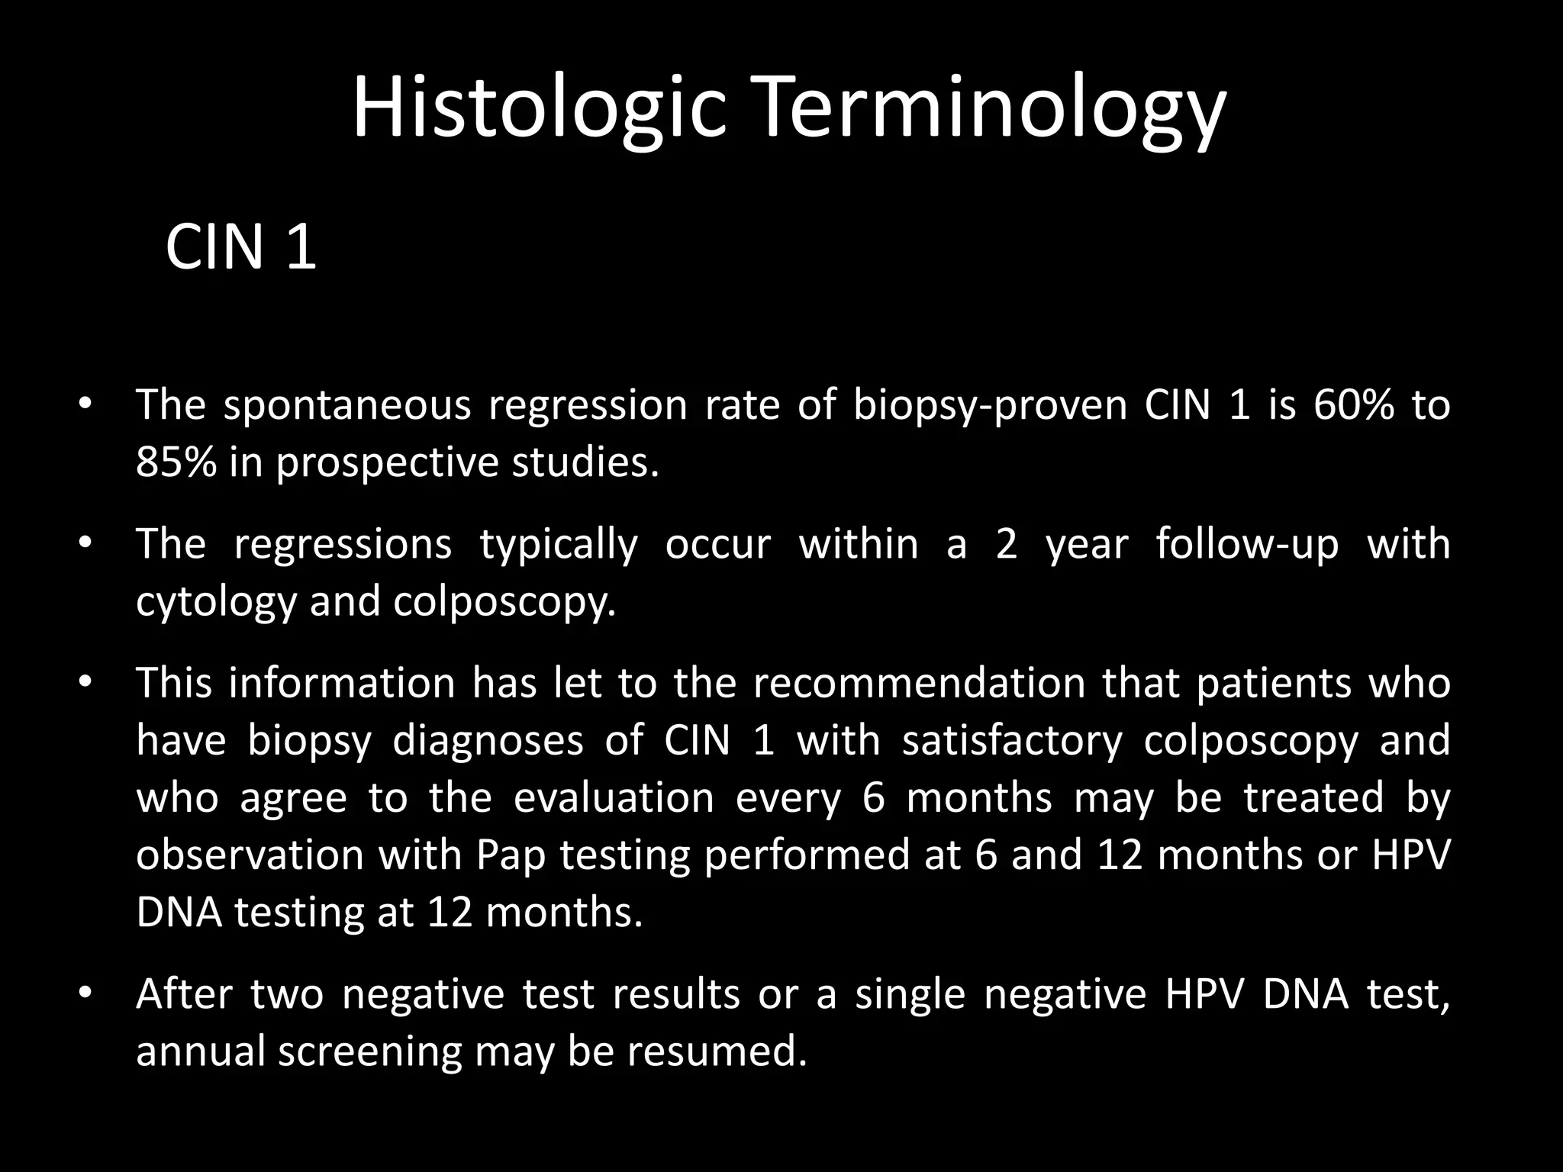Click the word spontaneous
347,406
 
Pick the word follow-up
1246,545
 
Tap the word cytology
215,602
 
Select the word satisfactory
1012,740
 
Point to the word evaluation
614,797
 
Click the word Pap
511,855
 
